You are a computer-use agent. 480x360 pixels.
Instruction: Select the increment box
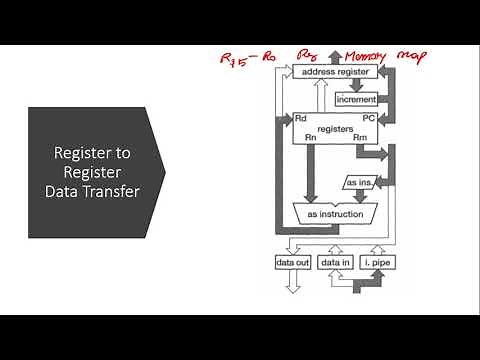point(357,100)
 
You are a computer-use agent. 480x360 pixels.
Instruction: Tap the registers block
point(334,128)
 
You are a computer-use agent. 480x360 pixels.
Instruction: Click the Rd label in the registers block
point(301,118)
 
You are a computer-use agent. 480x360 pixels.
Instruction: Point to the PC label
point(368,118)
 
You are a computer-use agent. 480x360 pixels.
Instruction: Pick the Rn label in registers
point(311,138)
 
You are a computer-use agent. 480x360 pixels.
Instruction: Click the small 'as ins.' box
point(359,183)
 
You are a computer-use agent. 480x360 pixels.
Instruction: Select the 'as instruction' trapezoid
point(334,213)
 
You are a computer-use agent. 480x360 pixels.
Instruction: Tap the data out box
point(293,262)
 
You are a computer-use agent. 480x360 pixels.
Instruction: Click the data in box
point(334,262)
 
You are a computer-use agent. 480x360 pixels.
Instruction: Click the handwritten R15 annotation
point(236,57)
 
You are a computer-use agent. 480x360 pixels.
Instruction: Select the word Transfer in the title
point(109,190)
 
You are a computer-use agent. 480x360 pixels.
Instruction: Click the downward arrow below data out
point(293,284)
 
